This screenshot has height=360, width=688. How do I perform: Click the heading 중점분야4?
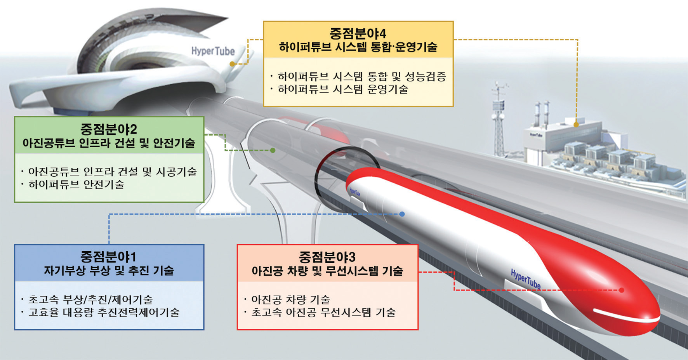coord(358,33)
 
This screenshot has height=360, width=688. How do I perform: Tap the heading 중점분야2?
coord(109,129)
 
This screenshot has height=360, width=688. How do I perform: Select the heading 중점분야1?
coord(108,257)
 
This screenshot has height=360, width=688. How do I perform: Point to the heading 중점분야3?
coord(327,257)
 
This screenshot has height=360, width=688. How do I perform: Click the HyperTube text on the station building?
coord(213,51)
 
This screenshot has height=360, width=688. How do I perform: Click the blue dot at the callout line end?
coord(402,214)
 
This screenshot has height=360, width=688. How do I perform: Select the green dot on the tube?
coord(273,150)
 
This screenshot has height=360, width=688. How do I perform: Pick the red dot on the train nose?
coord(622,290)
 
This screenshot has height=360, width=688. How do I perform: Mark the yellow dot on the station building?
coord(232,64)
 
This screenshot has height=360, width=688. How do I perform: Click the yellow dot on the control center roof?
coord(576,125)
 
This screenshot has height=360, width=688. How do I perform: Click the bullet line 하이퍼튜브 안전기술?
coord(76,184)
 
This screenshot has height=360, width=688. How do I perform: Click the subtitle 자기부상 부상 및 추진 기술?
coord(109,271)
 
